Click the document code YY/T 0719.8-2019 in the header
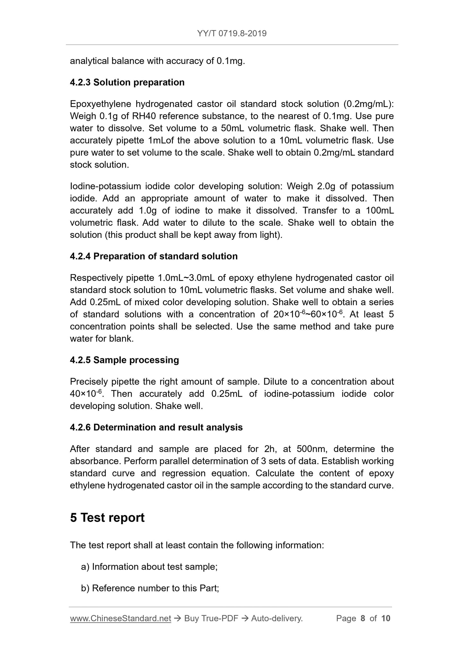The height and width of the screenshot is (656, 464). pos(232,33)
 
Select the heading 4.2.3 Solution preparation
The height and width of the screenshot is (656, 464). pos(127,82)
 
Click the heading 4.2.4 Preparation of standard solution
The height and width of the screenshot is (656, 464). pos(154,256)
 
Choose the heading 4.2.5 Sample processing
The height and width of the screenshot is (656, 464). pos(124,360)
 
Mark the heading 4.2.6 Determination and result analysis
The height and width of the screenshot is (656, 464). pos(156,427)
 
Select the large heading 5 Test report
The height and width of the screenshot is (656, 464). pos(107,518)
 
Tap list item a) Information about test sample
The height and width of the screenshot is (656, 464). pos(149,567)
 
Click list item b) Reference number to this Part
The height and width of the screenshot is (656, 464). pos(150,588)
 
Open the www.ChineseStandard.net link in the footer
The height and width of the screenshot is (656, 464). pos(120,618)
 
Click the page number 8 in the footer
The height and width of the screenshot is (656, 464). pos(363,618)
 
